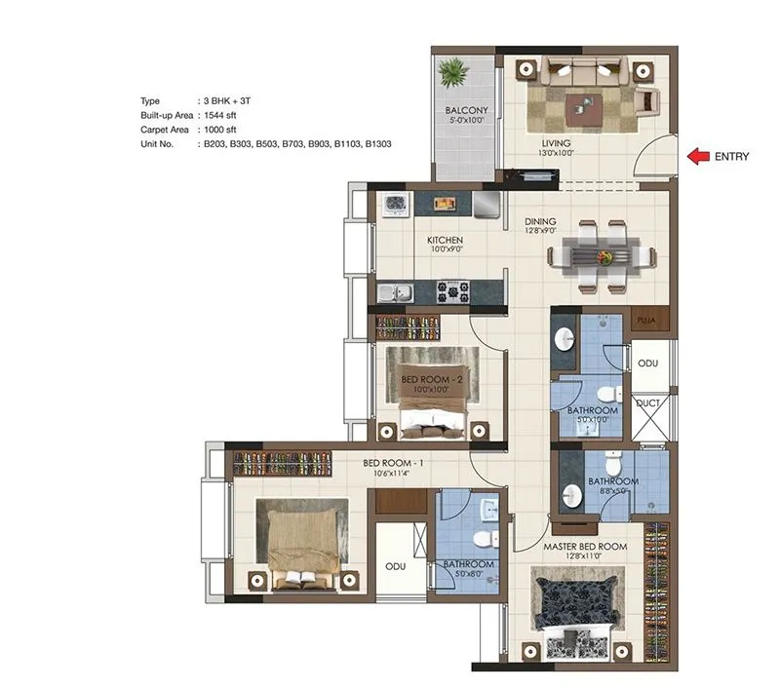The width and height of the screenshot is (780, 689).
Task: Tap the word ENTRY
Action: [731, 155]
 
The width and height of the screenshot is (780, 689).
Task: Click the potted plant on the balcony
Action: [451, 72]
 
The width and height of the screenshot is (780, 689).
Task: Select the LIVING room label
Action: [557, 142]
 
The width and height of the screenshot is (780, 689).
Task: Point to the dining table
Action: [600, 255]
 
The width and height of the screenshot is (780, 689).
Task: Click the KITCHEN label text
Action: [445, 240]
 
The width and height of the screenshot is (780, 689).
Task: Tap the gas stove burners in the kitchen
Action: [452, 289]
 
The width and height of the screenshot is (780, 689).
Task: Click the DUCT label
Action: [648, 401]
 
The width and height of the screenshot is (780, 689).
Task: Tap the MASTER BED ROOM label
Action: [585, 547]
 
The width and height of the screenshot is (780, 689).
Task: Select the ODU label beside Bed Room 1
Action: [394, 564]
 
